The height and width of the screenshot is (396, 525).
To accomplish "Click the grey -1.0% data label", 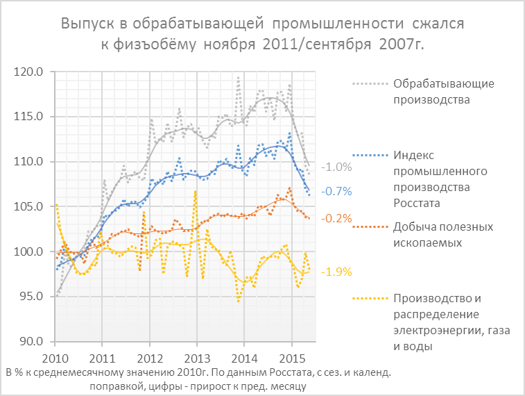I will coord(338,167).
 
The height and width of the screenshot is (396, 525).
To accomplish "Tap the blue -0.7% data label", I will coord(338,191).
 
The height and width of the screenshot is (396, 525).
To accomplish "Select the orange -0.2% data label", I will coord(338,218).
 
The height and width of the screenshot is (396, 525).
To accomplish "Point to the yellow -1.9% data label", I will coord(338,271).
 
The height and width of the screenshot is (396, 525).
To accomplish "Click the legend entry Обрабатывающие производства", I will coord(433,92).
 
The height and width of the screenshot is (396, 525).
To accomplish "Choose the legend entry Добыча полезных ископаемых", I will coord(433,235).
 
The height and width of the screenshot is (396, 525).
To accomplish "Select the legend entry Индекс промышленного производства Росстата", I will coord(433,179).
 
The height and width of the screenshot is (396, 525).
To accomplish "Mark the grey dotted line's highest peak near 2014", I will coord(238,77).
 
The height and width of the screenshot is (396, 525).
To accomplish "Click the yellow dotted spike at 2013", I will coord(196,191).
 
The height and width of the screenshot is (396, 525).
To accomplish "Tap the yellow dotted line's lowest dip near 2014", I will coord(239,301).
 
